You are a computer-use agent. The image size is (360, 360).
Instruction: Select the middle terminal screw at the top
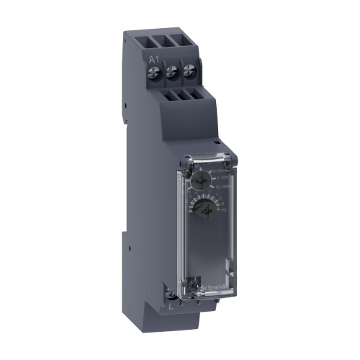pyautogui.click(x=172, y=72)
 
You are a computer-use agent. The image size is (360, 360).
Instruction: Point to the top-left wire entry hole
pyautogui.click(x=156, y=40)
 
